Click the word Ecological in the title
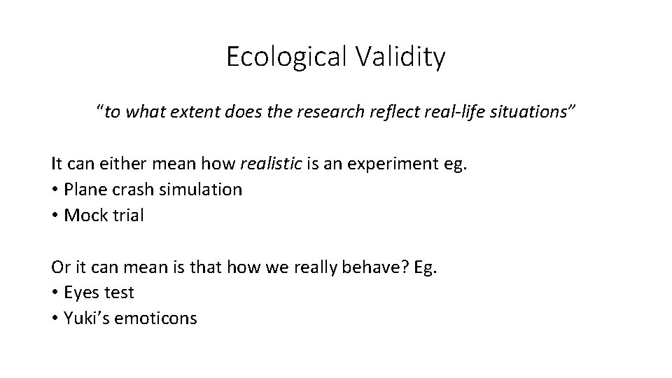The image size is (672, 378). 283,57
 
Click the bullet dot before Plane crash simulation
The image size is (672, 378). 55,190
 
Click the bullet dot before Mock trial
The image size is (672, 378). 55,215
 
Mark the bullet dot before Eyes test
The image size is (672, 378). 55,293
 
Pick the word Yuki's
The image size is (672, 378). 85,318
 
